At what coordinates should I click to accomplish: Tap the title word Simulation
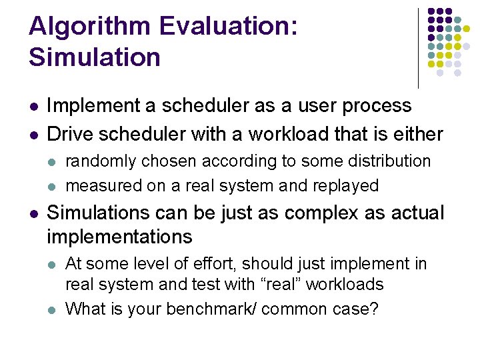coord(95,57)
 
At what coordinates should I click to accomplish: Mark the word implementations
coord(119,237)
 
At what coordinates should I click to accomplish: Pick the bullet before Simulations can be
coord(33,213)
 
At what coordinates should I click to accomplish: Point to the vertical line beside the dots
coord(418,48)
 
